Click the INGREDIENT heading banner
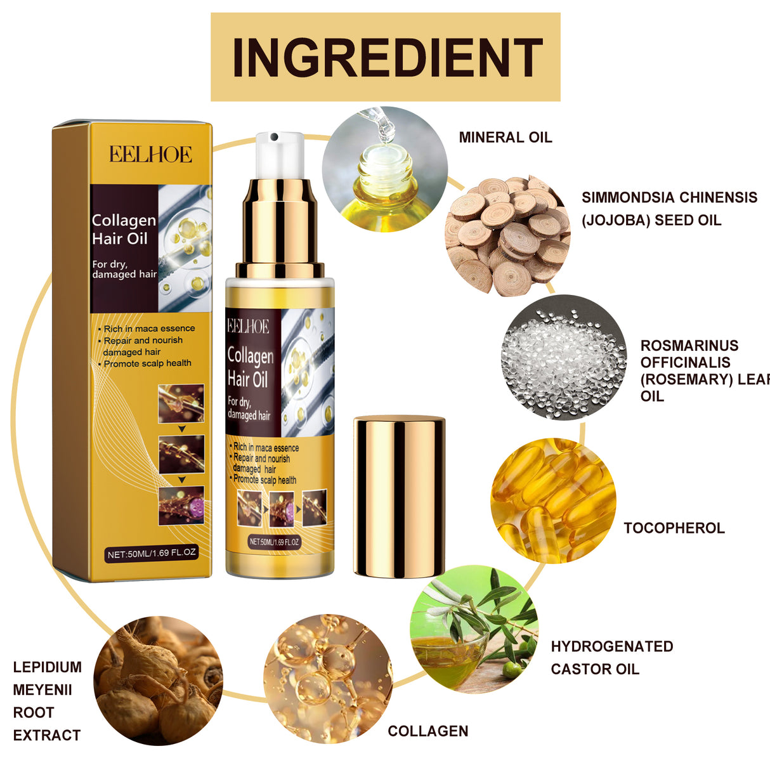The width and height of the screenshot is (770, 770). point(385,57)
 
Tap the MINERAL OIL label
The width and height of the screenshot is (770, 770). point(505,138)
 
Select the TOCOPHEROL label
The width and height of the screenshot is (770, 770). point(674,528)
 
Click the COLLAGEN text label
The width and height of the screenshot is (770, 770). point(427,731)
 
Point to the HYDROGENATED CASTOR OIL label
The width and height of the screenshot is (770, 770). point(611,658)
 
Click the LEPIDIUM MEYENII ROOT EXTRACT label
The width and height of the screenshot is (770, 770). point(48,701)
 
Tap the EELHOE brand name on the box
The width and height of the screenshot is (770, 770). point(150,155)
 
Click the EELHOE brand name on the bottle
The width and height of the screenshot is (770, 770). point(248,327)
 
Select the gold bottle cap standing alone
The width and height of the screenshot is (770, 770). point(398,496)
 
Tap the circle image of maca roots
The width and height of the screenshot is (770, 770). point(159,679)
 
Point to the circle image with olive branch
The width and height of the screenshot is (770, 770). point(474,629)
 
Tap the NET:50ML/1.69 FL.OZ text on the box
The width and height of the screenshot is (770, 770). point(152,553)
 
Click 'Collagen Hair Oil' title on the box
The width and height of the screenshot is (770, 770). point(124,229)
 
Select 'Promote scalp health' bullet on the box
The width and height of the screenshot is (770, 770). point(147,363)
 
